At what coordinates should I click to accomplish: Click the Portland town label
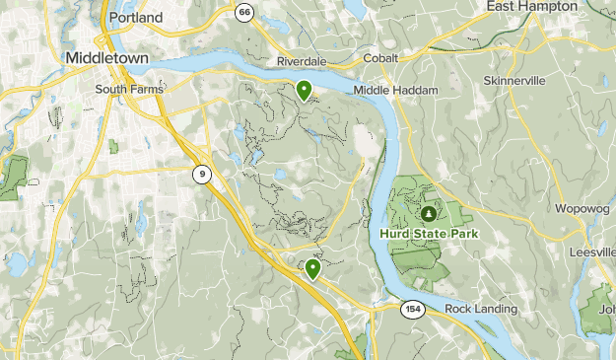point(137,19)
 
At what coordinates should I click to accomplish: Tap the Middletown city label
point(106,58)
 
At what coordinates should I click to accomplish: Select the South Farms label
point(128,89)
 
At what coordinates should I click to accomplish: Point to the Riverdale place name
point(302,61)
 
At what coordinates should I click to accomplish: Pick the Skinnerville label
point(513,81)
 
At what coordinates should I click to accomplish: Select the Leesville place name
point(591,252)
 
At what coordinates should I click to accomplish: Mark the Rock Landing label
point(480,309)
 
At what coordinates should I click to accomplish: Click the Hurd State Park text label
point(428,234)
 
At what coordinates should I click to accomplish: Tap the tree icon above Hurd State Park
point(429,212)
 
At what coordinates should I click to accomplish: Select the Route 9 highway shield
point(201,175)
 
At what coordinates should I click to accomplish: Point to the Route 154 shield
point(413,310)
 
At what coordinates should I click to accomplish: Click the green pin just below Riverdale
point(305,91)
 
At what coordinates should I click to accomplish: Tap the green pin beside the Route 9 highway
point(313,268)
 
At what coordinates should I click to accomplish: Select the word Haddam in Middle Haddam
point(414,90)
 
